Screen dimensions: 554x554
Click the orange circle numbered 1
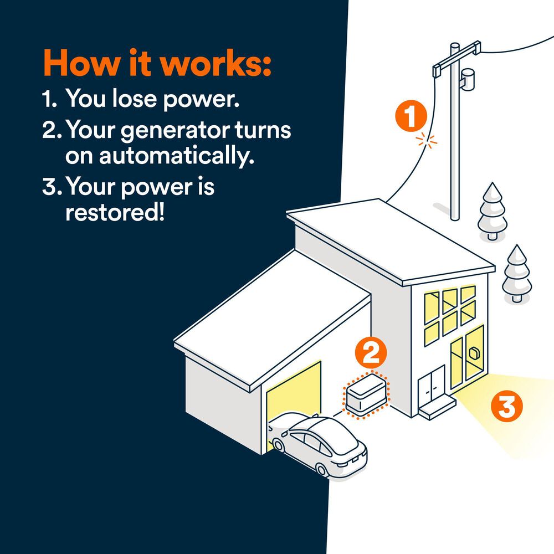tap(411, 117)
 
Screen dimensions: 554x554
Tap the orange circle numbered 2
tap(370, 353)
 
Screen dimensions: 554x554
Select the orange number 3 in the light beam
tap(506, 407)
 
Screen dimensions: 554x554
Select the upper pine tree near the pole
tap(493, 211)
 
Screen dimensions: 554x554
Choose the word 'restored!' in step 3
tap(115, 212)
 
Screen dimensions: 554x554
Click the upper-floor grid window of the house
tap(450, 313)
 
